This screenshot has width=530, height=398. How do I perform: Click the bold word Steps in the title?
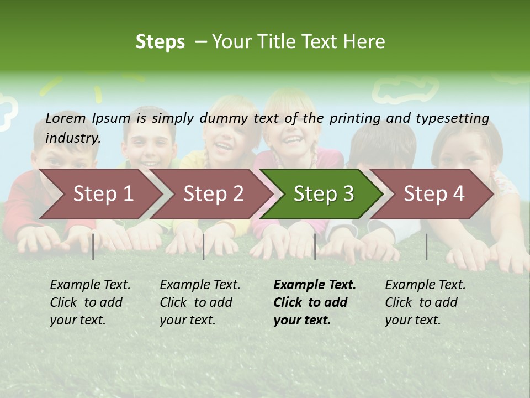point(160,42)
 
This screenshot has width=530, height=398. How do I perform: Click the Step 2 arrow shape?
point(213,193)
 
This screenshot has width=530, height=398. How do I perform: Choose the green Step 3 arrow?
point(324,193)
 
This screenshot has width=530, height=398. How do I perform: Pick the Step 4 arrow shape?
point(434,193)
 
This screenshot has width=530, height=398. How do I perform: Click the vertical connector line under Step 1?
point(93,247)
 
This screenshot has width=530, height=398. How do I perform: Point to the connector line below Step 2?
point(204,247)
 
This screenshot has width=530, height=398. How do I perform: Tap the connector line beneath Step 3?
point(315,247)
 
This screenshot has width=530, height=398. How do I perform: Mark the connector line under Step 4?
point(427,247)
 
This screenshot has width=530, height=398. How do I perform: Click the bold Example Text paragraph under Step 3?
point(315,302)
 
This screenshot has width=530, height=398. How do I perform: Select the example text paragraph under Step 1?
point(90,302)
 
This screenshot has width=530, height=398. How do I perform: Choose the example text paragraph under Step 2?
point(200,302)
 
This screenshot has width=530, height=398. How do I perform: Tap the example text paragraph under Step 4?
point(425,302)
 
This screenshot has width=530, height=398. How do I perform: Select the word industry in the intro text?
point(73,138)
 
